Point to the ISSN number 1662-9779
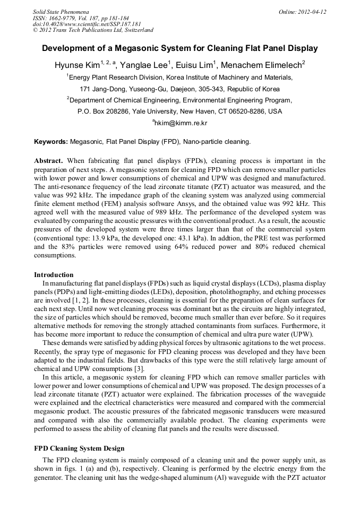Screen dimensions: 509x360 click(66, 18)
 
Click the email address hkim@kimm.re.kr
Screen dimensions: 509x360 click(181, 123)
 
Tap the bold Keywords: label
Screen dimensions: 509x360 click(51, 142)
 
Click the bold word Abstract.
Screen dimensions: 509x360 click(49, 160)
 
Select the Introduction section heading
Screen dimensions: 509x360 click(54, 274)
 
